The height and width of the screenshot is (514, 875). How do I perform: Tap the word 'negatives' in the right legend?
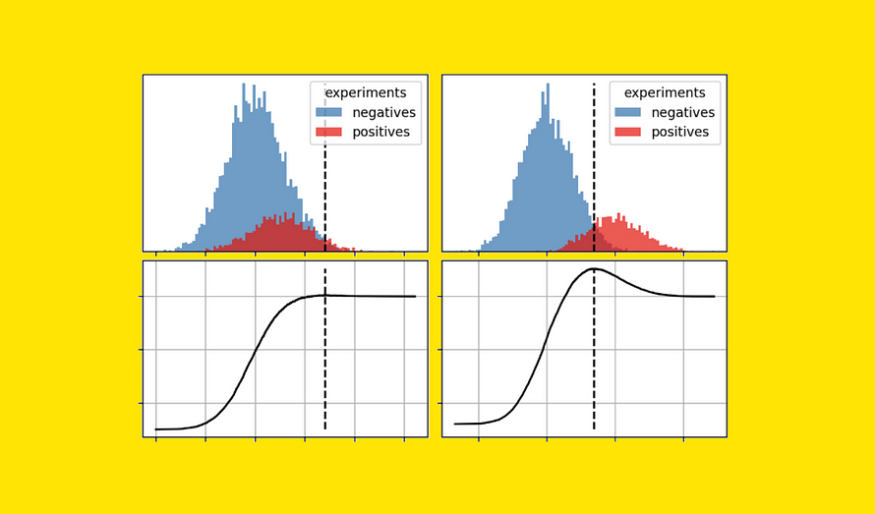(683, 112)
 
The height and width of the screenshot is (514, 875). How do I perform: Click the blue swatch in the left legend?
(328, 112)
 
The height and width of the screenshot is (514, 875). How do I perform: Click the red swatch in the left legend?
(328, 132)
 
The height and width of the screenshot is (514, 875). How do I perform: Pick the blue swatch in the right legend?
(627, 112)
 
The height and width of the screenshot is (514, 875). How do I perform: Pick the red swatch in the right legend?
(627, 132)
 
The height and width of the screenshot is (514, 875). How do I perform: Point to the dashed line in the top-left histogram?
(325, 197)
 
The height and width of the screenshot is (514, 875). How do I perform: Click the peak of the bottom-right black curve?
(594, 268)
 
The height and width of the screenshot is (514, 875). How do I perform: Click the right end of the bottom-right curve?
(714, 297)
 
